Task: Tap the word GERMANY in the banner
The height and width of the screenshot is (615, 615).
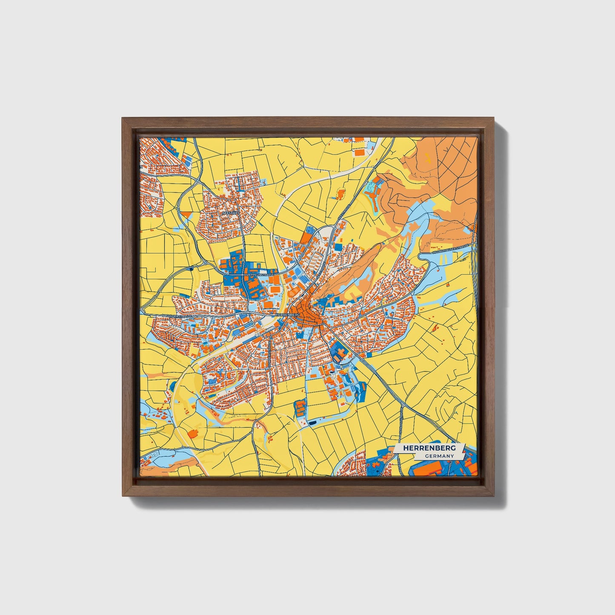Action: (x=438, y=456)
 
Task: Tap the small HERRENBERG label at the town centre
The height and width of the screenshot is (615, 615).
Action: (x=288, y=314)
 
